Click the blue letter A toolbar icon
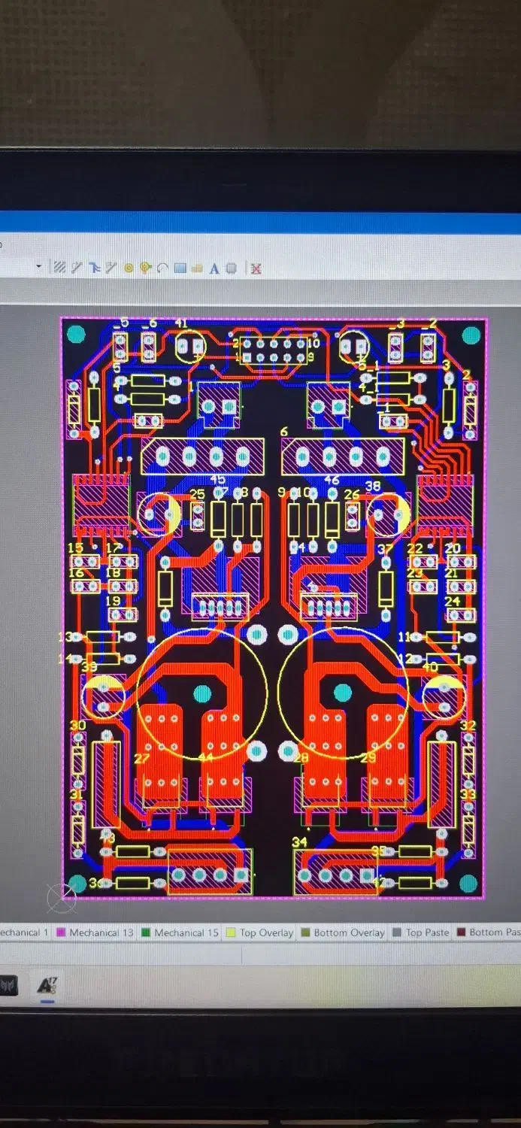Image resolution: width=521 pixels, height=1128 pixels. (214, 268)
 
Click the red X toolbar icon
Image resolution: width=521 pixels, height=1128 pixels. (256, 268)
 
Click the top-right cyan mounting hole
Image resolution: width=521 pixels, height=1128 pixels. (471, 335)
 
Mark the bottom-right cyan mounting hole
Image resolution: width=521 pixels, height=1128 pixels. (468, 883)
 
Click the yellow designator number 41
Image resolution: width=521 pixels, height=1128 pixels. (181, 323)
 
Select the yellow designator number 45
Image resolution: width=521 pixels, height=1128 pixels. (217, 480)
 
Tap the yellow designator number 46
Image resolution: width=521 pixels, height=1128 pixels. (332, 480)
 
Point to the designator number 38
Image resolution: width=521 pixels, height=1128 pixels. (373, 486)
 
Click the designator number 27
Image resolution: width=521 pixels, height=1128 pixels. (141, 758)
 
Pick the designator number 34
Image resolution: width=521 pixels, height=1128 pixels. (299, 841)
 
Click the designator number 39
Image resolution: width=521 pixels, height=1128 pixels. (89, 666)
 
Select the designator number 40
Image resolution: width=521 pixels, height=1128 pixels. (430, 666)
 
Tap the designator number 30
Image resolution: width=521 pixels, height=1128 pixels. (77, 726)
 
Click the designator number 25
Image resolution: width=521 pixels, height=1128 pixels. (197, 494)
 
